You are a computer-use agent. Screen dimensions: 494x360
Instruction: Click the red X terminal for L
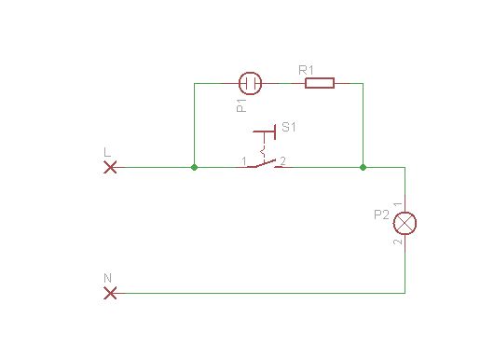[110, 167]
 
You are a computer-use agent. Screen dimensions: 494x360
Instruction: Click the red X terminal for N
[110, 293]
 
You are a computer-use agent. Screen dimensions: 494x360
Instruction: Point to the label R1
[306, 70]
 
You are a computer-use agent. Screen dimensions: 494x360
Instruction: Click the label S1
[289, 127]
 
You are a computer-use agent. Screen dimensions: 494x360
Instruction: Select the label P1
[241, 105]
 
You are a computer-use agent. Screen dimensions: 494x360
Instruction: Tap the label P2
[381, 215]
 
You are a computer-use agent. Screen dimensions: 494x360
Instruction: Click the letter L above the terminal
[107, 152]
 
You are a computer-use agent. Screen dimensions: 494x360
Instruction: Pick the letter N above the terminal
[108, 278]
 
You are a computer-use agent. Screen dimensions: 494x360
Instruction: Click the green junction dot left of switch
[195, 167]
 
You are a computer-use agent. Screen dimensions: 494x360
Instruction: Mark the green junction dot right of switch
[363, 167]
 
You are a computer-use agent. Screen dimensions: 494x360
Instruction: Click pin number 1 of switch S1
[243, 161]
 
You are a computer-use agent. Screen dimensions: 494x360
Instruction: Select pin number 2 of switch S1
[283, 161]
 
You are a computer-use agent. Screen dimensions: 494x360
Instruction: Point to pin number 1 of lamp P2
[399, 204]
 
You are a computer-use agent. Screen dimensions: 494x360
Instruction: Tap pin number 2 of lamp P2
[399, 242]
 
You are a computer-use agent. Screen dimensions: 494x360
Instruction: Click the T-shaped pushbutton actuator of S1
[265, 132]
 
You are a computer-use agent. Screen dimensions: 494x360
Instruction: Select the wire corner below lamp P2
[405, 293]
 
